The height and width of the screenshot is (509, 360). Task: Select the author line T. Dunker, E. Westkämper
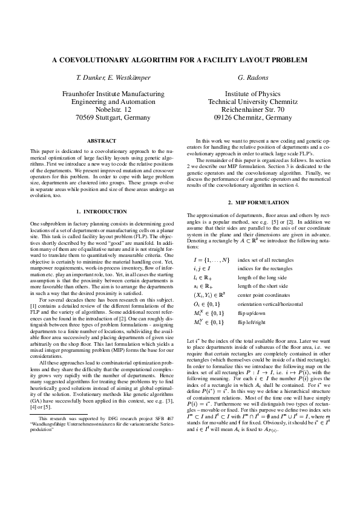coord(113,79)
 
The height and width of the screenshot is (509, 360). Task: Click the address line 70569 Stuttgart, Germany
coord(113,118)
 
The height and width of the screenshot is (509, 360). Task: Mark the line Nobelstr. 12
coord(113,110)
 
